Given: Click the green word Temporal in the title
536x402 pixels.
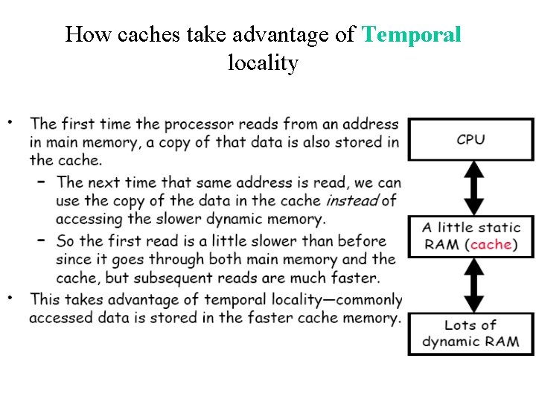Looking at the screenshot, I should tap(411, 34).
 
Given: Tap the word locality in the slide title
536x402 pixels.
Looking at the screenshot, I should tap(263, 63).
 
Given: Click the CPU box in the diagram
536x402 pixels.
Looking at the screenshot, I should tap(470, 139).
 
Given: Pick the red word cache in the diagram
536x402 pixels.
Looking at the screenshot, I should tap(491, 244).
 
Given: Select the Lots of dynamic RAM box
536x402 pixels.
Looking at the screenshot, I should tap(470, 334).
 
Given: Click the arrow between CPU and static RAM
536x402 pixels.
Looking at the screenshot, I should tap(470, 188).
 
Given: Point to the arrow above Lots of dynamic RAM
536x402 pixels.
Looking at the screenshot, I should tap(470, 285).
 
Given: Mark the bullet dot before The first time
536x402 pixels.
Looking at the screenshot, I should tap(10, 120).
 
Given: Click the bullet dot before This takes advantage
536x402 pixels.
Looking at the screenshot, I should tap(10, 297).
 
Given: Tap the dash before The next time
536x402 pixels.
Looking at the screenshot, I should tap(42, 181).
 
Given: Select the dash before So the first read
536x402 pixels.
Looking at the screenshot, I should tap(42, 240).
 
